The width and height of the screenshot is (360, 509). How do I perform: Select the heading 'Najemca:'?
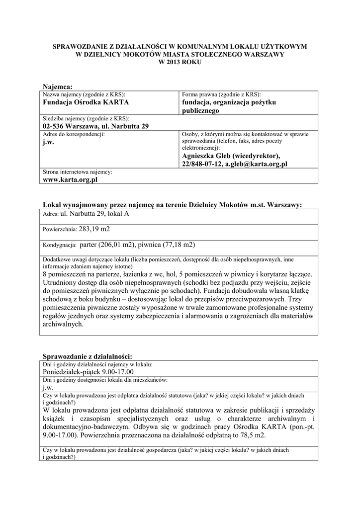coord(58,87)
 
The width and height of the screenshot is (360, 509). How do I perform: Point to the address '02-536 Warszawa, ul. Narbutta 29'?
coord(96,127)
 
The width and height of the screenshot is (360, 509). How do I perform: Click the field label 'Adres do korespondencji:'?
coord(74,134)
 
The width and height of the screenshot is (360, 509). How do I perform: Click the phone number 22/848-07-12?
coord(201,164)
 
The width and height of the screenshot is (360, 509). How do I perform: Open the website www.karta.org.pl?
coord(70,180)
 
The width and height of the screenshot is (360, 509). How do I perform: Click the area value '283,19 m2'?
coord(94,229)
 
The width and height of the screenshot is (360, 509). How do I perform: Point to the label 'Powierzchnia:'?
coord(60,230)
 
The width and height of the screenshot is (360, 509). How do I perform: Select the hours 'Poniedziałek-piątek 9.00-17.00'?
coord(89,372)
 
